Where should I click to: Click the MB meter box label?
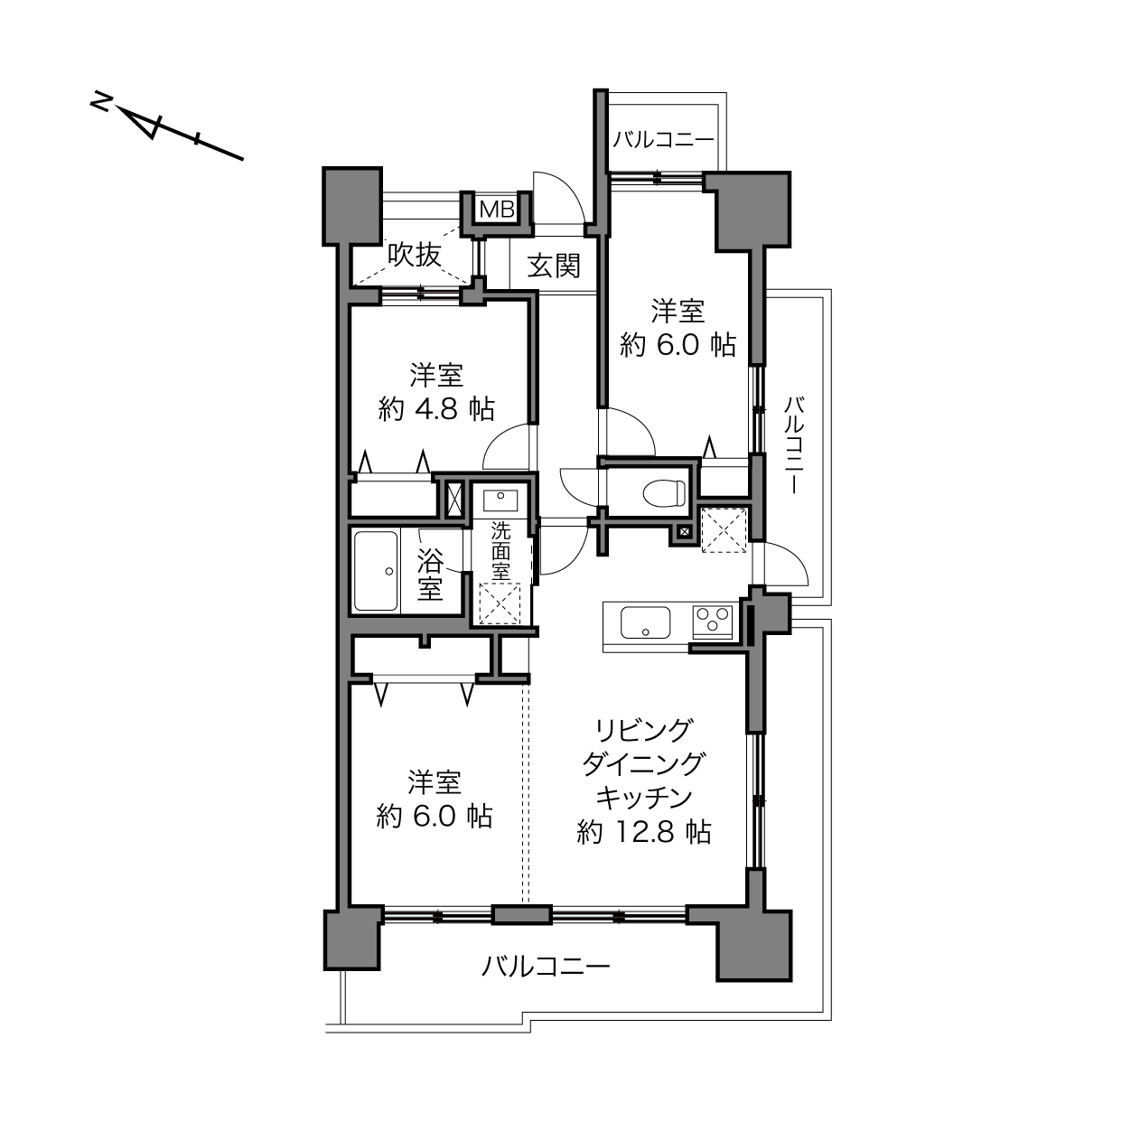[497, 209]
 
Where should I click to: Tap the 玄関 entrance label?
[554, 266]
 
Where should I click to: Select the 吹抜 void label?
[414, 255]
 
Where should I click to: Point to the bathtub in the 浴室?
[376, 571]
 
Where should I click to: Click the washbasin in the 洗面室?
[500, 500]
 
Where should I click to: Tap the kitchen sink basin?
[646, 622]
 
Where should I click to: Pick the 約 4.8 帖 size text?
[436, 408]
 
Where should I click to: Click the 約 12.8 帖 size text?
[644, 832]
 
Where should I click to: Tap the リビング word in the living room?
[644, 731]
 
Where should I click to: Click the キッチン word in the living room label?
[644, 798]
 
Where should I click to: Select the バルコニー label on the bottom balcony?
[546, 966]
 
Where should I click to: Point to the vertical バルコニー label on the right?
[794, 444]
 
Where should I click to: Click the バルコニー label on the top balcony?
[664, 140]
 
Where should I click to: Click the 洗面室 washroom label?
[500, 551]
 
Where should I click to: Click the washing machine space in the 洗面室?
[500, 603]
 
